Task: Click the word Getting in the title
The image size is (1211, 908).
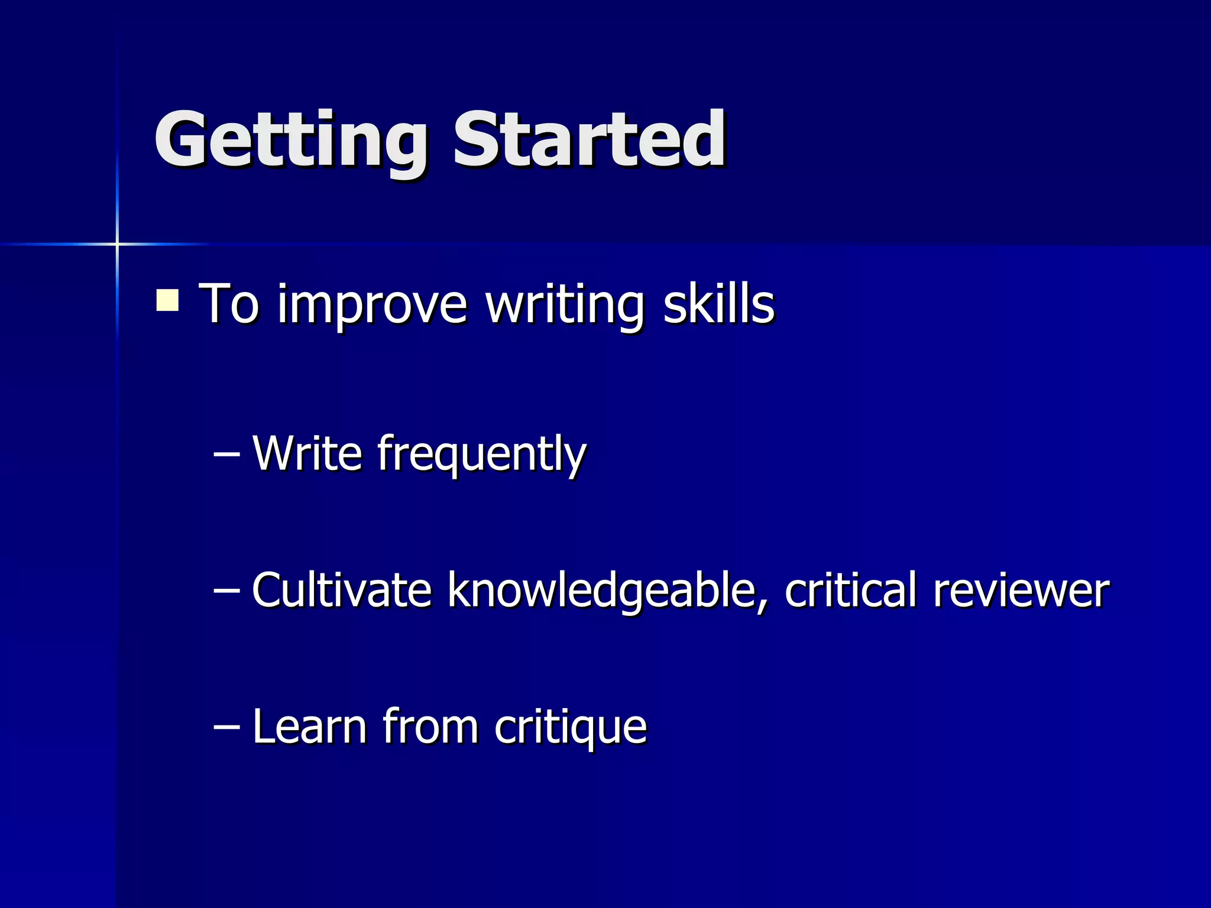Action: (290, 142)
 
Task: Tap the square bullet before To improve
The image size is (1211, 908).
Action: (167, 300)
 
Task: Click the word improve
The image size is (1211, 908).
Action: (373, 306)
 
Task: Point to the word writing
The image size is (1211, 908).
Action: (565, 306)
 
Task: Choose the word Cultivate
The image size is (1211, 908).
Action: (342, 590)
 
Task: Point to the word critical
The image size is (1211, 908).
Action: (850, 590)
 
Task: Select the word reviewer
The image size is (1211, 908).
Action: (1021, 591)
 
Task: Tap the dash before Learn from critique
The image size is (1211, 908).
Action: (226, 727)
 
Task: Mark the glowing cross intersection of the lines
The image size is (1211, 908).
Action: (117, 244)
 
